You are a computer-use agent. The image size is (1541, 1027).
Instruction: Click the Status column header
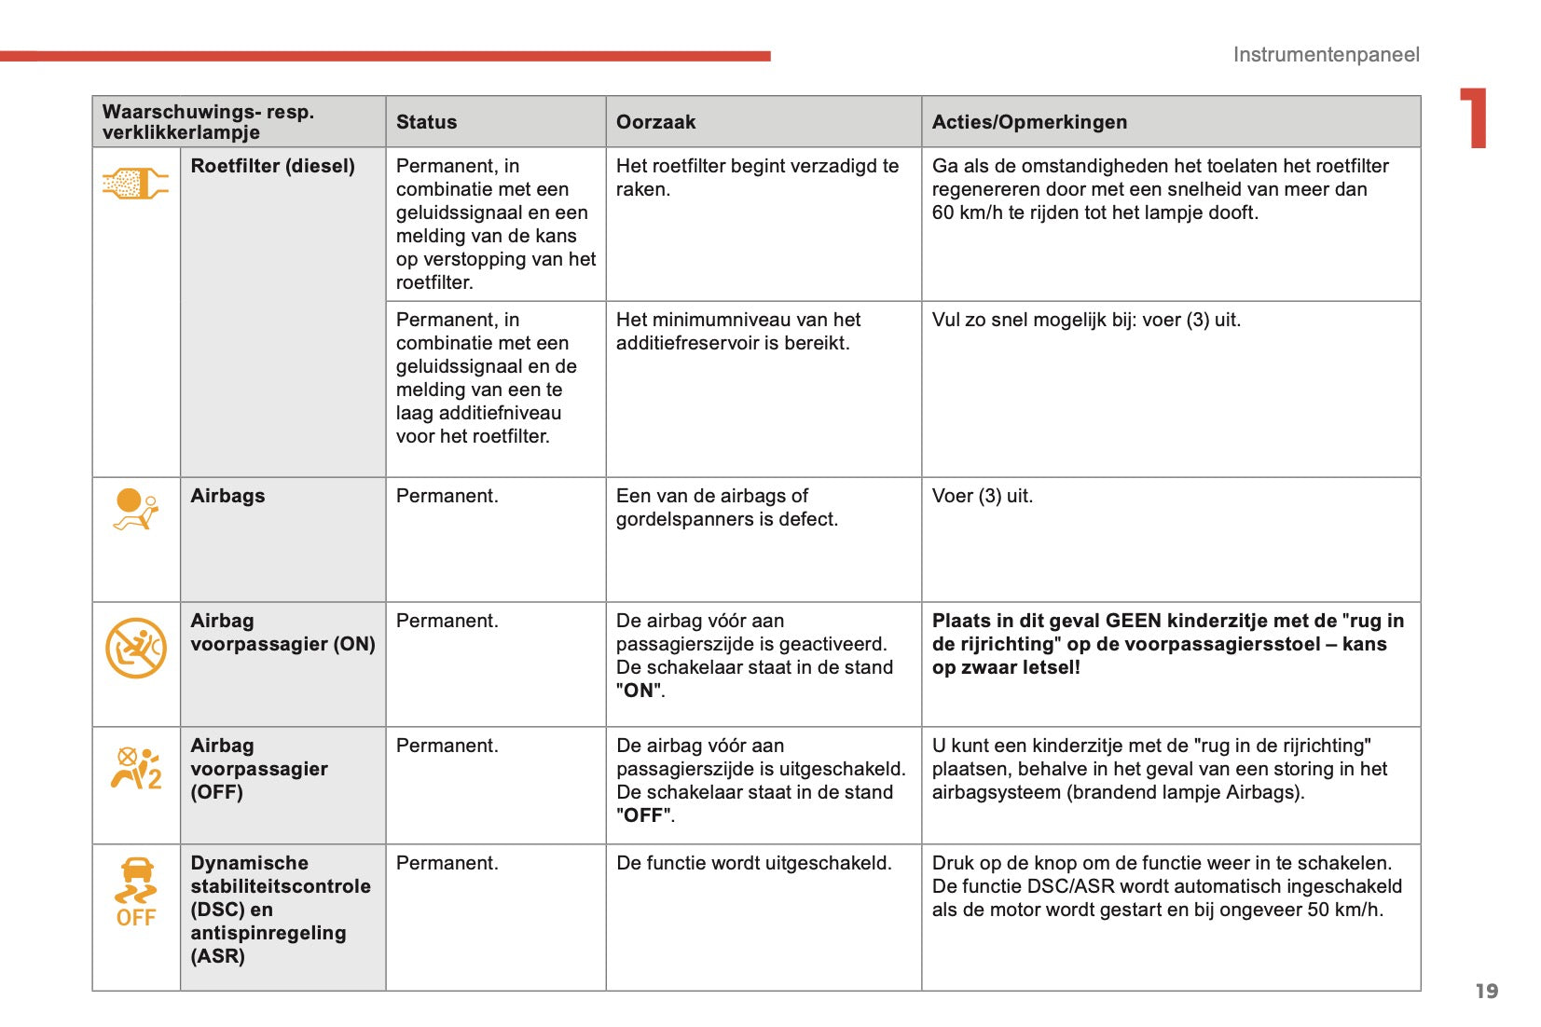point(426,122)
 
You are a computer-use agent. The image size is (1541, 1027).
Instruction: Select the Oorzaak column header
point(655,122)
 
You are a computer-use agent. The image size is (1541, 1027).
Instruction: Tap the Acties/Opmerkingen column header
point(1029,122)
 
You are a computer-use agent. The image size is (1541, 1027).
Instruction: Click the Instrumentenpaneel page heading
point(1326,55)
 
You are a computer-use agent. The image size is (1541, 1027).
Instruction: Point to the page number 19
point(1486,991)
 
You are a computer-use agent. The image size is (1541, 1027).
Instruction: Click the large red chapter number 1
point(1475,118)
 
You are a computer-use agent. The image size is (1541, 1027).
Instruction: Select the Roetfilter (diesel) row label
point(272,166)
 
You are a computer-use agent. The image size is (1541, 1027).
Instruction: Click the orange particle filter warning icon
point(135,183)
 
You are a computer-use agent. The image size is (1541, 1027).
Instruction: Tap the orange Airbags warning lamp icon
point(136,510)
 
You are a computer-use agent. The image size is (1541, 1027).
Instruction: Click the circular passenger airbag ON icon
point(136,648)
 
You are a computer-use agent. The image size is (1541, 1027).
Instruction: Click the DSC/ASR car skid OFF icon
point(136,892)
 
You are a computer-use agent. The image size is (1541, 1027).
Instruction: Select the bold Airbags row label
point(227,496)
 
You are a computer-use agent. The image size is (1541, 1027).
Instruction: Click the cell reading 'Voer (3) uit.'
point(982,496)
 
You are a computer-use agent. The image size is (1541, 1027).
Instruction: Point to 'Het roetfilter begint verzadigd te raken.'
point(757,177)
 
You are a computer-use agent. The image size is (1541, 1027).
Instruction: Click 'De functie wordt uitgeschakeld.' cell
point(753,863)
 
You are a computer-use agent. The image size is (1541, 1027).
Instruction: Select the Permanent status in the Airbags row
point(447,496)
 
